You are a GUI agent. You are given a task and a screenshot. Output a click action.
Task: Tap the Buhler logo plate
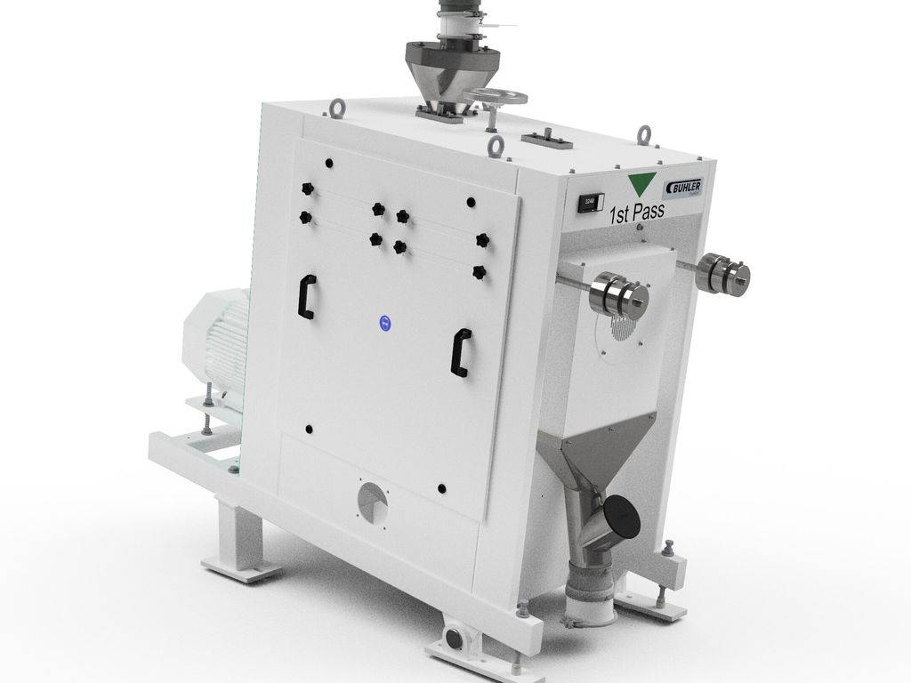[683, 189]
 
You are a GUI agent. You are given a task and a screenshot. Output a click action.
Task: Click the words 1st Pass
[636, 214]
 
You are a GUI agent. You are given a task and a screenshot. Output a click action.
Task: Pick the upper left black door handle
[306, 296]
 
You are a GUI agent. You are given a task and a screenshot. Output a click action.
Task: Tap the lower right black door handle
[461, 352]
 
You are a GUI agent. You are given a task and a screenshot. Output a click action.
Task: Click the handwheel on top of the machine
[495, 97]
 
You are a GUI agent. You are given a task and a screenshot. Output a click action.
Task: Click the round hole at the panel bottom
[373, 502]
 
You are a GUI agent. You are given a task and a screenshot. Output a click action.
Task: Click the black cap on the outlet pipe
[621, 518]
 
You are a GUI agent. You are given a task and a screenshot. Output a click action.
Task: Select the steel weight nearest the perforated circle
[618, 296]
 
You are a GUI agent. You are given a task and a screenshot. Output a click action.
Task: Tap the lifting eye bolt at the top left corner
[337, 108]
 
